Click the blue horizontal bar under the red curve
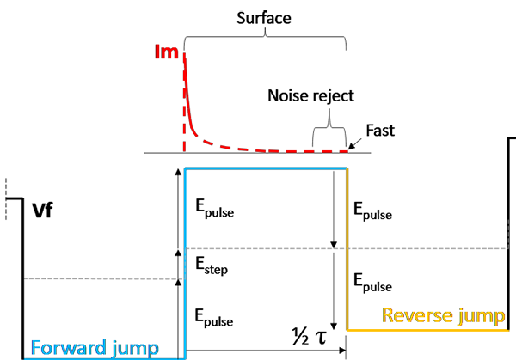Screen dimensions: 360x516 [x=267, y=163]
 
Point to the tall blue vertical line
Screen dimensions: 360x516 [x=186, y=275]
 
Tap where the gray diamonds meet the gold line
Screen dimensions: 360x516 [x=346, y=249]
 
